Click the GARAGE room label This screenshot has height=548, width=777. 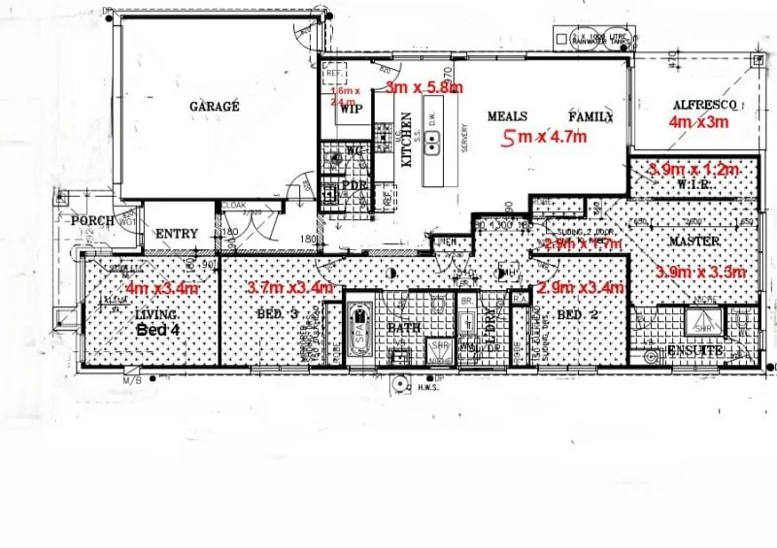tap(214, 107)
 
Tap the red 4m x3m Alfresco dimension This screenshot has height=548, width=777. tap(698, 123)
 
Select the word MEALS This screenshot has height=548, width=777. tap(506, 116)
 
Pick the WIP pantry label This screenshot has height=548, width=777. tap(348, 109)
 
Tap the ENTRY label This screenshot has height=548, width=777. tap(176, 234)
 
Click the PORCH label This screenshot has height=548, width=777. tap(94, 221)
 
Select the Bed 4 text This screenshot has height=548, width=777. tap(154, 330)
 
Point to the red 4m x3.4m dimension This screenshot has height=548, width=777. tap(162, 288)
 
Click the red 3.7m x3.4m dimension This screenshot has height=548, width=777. tap(290, 288)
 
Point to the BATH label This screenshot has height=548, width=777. tap(403, 328)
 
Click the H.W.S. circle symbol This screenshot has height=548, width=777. tap(400, 384)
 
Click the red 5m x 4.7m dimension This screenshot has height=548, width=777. tap(544, 138)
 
